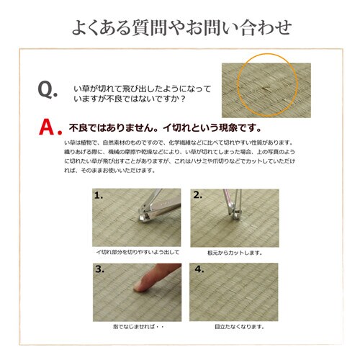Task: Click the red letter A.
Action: (x=49, y=127)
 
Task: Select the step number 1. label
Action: (x=99, y=195)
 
